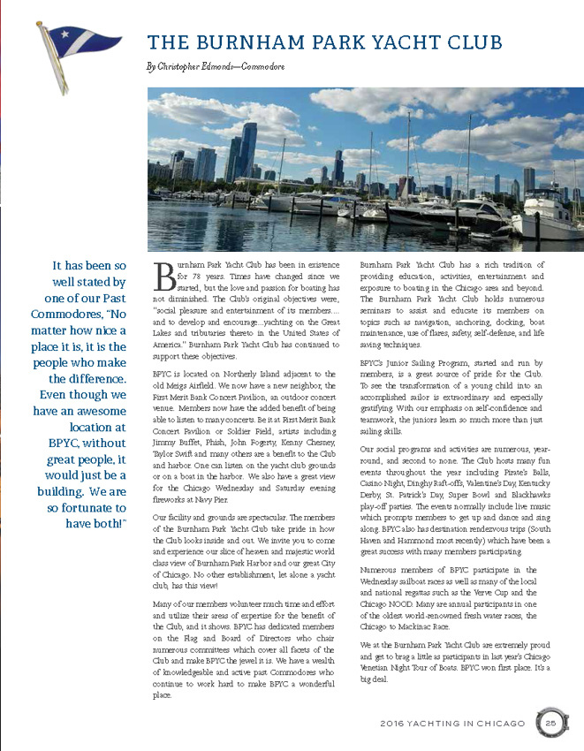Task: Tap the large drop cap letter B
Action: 163,276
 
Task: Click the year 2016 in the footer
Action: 394,724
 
